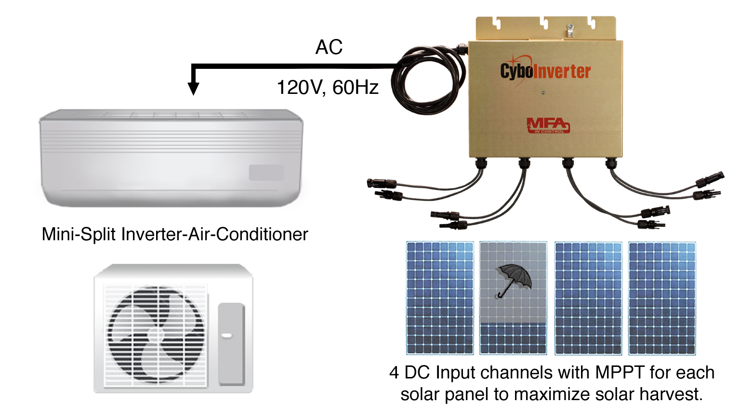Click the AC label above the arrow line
(329, 47)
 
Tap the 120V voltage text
(300, 88)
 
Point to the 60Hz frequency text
(355, 88)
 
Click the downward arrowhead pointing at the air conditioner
(193, 89)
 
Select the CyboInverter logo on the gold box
(545, 71)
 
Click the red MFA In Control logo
(548, 126)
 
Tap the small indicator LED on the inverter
(543, 93)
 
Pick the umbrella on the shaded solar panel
(513, 281)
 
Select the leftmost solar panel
(440, 298)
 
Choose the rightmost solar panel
(662, 298)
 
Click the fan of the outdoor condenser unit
(156, 334)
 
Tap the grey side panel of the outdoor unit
(232, 344)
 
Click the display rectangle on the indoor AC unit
(266, 172)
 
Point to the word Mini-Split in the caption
(79, 234)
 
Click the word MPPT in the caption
(620, 373)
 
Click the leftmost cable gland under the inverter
(481, 163)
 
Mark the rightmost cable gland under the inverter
(611, 163)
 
